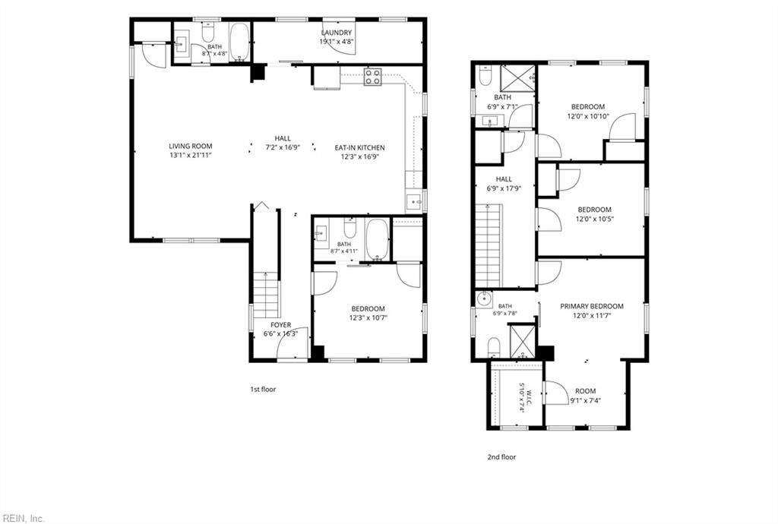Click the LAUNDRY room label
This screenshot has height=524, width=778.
[x=336, y=33]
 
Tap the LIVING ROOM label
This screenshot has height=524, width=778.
[x=191, y=147]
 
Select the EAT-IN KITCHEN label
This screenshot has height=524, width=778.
[x=359, y=148]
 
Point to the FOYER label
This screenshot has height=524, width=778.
[x=281, y=325]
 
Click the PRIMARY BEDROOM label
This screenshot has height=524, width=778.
[x=592, y=306]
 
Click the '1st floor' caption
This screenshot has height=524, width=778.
[x=263, y=389]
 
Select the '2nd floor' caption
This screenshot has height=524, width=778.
[x=501, y=457]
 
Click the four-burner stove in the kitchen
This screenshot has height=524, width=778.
[x=372, y=76]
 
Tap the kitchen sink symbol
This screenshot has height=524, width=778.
[x=414, y=202]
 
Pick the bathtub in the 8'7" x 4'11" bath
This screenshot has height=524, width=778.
[x=377, y=239]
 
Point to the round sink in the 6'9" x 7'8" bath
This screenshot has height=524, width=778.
[x=483, y=299]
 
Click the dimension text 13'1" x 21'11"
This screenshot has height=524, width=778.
[x=191, y=155]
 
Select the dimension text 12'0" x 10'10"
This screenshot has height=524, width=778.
[x=588, y=116]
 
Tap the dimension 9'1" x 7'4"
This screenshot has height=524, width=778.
[x=586, y=400]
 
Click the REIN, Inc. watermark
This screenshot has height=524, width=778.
[x=22, y=519]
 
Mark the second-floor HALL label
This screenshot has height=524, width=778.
[x=504, y=179]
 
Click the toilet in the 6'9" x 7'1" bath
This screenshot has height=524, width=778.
[x=485, y=76]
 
